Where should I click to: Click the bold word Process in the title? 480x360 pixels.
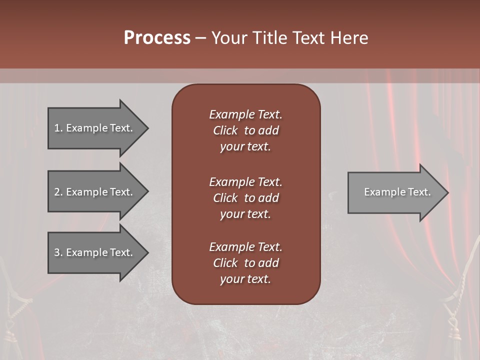157,38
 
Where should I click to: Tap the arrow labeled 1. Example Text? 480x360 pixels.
95,128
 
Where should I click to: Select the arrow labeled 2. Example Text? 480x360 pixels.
95,192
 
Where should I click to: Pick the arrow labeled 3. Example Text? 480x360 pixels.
95,252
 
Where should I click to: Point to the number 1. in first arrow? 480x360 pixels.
58,128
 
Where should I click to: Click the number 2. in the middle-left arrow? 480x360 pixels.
58,192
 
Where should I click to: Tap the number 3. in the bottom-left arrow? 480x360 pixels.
58,252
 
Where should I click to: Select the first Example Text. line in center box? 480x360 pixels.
245,114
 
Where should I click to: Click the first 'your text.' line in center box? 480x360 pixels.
245,146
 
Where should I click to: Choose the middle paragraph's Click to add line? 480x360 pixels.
245,198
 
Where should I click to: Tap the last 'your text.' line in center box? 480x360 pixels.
245,279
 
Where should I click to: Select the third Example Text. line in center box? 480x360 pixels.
245,247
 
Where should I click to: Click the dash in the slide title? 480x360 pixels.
200,38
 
